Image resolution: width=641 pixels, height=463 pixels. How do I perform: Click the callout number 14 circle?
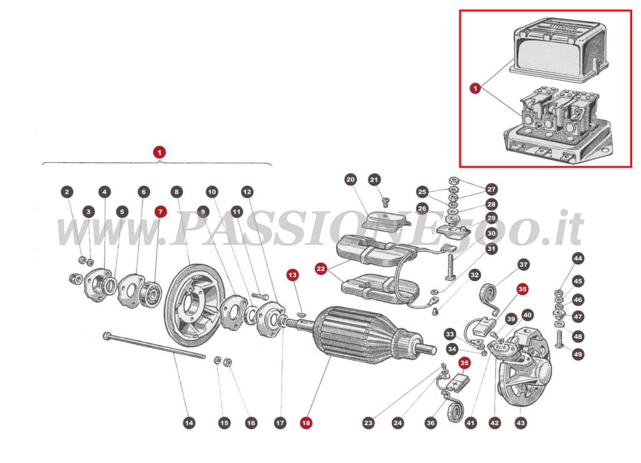click(188, 423)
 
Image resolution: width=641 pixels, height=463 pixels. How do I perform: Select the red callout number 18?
click(305, 423)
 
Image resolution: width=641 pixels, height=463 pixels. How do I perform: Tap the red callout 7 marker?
click(161, 212)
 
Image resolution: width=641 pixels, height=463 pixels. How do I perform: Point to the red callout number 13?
click(292, 275)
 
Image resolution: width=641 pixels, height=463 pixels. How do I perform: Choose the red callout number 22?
click(321, 268)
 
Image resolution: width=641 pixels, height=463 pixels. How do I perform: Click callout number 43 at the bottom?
click(521, 423)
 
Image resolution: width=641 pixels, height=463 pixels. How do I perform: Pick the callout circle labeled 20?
click(350, 180)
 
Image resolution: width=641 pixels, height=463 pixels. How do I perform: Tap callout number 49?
click(577, 355)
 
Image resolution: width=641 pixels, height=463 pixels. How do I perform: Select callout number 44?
click(577, 258)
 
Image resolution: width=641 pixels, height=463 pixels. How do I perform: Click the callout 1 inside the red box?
click(475, 89)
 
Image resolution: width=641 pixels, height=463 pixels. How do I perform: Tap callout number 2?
click(68, 191)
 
